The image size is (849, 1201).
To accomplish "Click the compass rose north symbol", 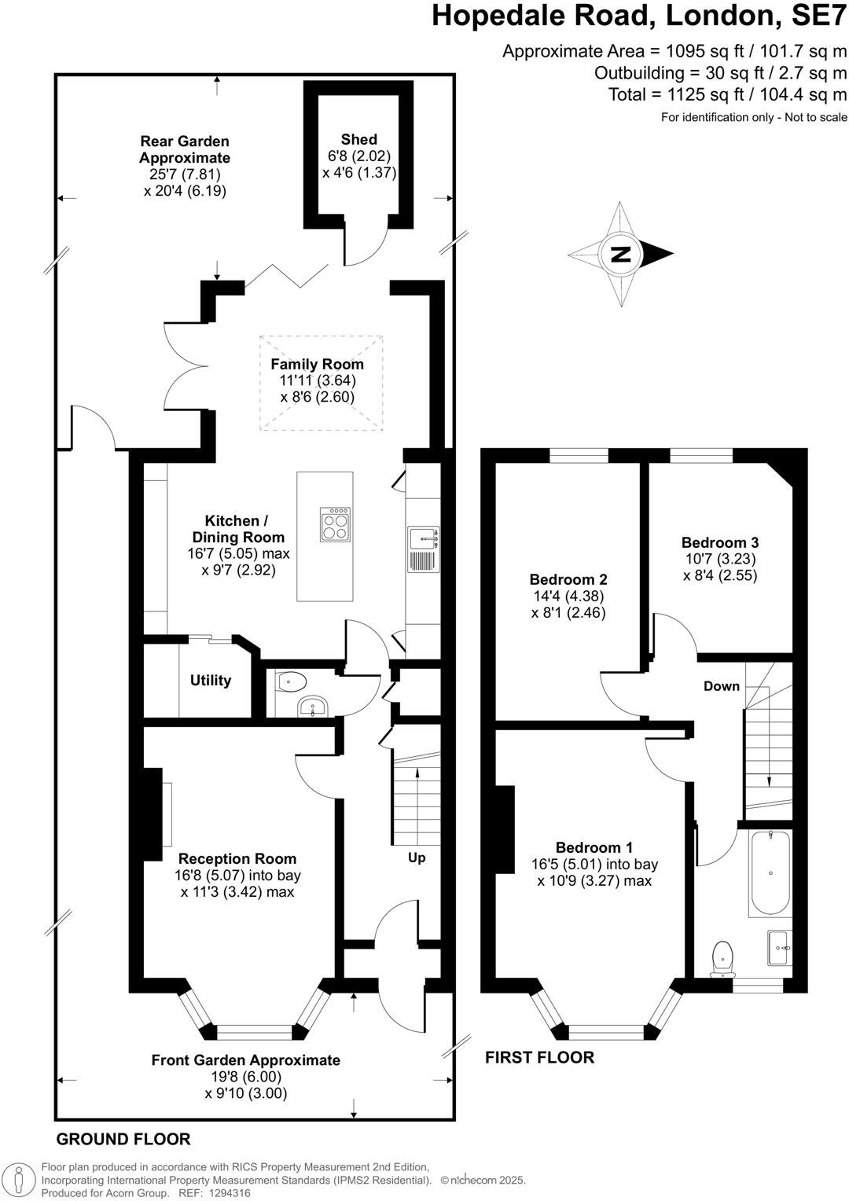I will pos(621,254).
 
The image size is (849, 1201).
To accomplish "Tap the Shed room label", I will pos(358,139).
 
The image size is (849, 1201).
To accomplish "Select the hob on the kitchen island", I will pos(336,524).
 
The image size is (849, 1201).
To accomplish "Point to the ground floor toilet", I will pos(292,681).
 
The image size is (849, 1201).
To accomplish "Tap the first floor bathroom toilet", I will pos(722,958).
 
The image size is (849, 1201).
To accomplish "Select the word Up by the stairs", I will pos(417,858).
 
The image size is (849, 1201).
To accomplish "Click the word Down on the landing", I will pos(721,686).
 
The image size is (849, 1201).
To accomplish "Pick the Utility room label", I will pos(211,681).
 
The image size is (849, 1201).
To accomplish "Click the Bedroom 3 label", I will pos(719,542).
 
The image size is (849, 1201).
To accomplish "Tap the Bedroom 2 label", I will pos(568,579).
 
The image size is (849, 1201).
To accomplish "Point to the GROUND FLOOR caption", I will pos(123,1139).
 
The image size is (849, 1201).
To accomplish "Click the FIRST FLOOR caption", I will pos(539,1057).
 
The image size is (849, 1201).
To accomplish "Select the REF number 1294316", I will pos(226,1193).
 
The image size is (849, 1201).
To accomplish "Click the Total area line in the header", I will pos(727,95).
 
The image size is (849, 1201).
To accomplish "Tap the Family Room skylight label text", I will pos(317,364).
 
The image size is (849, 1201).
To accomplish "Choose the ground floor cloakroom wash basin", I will pos(312,707).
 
